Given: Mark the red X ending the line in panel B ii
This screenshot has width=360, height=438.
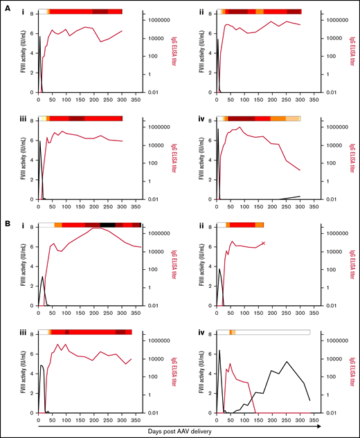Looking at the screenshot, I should (x=264, y=243).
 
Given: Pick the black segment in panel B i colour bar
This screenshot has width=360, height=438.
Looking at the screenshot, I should (x=107, y=225).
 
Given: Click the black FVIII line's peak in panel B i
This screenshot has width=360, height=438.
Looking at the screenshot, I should (x=43, y=276).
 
